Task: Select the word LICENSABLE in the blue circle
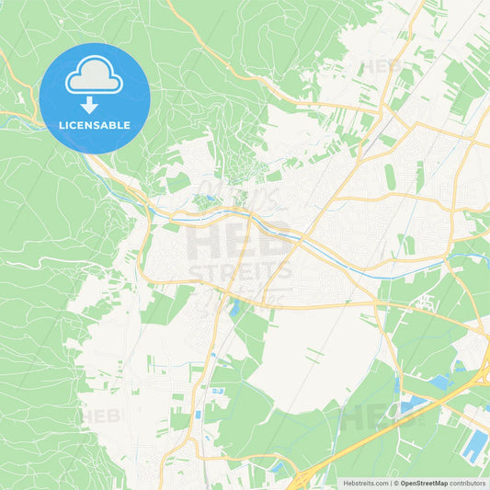pos(95,125)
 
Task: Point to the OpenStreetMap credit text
pos(424,483)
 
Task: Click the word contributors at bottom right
pos(468,483)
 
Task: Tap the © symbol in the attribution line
pos(395,483)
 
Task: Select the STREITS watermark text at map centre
pos(241,272)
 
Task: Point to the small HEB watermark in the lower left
pos(101,416)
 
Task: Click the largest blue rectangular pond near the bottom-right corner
pos(475,447)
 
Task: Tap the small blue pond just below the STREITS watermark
pos(235,308)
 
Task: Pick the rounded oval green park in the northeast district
pos(390,177)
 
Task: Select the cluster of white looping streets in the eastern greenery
pos(425,301)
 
